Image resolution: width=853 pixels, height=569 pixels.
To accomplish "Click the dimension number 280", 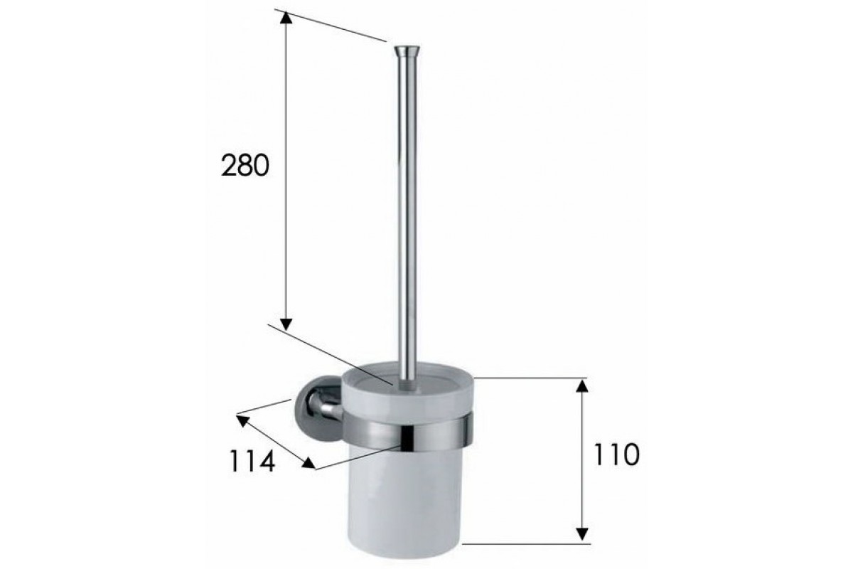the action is point(245,166).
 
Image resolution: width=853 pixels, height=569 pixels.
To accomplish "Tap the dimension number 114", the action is point(252,461).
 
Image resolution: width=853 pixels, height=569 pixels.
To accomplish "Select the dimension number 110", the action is point(617,454).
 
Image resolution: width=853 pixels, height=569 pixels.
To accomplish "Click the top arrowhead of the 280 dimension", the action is point(286,18).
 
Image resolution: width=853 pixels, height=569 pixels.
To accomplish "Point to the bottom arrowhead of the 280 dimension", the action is point(286,324).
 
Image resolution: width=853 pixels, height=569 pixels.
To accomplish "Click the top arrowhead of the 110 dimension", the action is point(582,385).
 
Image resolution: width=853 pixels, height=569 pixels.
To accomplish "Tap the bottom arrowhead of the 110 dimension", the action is point(582,534).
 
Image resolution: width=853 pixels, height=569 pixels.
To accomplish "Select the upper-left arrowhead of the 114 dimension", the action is point(242,421).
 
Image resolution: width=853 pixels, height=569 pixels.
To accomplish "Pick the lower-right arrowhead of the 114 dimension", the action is point(309,463).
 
